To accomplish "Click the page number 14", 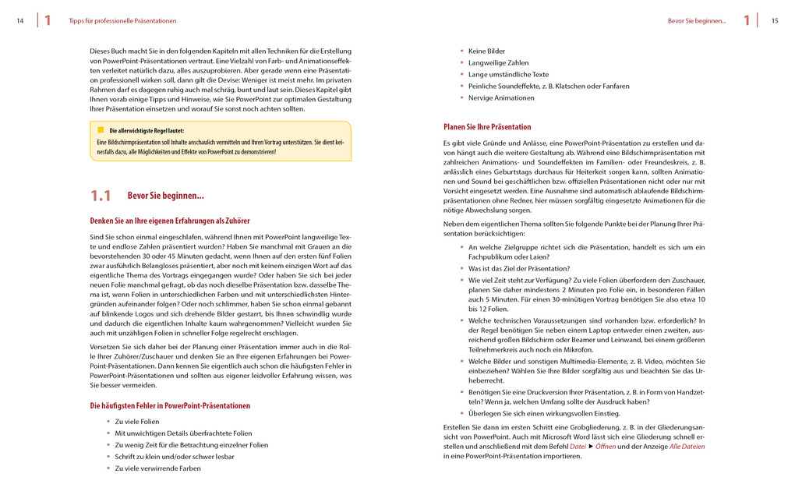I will pos(19,21).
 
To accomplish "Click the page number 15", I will pos(775,21).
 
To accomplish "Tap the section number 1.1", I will pos(101,196).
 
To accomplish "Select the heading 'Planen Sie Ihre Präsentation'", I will pos(487,127).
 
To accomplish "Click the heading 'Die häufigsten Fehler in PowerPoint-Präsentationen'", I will pos(170,405).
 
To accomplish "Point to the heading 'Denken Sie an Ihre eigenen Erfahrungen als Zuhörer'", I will pos(170,221).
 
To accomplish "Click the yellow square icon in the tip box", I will pos(101,130).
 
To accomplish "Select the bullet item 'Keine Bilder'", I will pos(486,51).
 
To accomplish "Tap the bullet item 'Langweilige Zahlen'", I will pos(498,63).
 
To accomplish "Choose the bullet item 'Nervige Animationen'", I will pos(501,98).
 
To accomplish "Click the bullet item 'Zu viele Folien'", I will pos(136,422).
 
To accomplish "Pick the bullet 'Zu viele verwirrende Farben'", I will pos(157,468).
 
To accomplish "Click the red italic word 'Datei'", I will pos(578,447).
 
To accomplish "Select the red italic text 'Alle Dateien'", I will pos(687,447).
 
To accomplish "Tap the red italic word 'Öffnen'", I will pos(606,447).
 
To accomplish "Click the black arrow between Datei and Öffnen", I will pos(590,447).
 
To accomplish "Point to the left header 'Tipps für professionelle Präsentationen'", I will pos(122,21).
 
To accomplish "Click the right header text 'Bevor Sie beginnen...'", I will pos(696,21).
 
